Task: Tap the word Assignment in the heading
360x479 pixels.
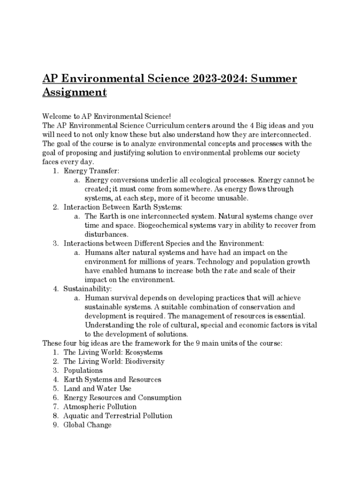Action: (74, 92)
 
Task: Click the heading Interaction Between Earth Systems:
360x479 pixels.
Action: (122, 207)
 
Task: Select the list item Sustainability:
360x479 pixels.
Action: (87, 289)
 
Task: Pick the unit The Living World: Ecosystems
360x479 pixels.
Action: (113, 352)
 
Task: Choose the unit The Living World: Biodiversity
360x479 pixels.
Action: (114, 362)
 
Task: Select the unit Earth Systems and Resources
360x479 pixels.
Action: (112, 380)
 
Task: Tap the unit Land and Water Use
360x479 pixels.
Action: (97, 389)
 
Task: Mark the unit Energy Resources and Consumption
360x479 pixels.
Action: (122, 398)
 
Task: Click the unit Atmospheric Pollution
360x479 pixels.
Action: (100, 407)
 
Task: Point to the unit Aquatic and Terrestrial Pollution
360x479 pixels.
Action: (118, 416)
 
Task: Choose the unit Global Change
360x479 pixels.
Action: (87, 425)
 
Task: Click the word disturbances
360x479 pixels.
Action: (106, 234)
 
